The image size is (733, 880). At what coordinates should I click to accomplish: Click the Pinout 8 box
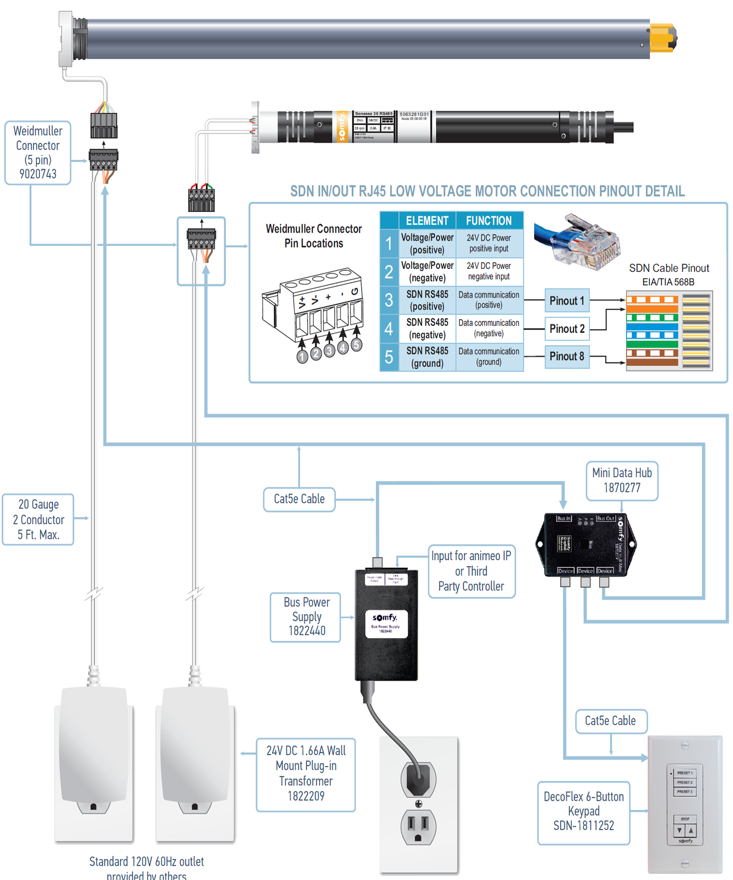(x=567, y=356)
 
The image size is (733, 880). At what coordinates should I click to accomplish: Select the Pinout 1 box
(x=567, y=301)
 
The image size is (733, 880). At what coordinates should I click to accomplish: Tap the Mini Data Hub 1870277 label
(x=622, y=481)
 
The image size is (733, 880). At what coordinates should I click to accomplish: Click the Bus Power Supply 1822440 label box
(x=306, y=617)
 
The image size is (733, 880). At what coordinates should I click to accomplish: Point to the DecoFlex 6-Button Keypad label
(x=583, y=811)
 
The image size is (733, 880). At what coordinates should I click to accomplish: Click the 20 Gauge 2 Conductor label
(x=38, y=519)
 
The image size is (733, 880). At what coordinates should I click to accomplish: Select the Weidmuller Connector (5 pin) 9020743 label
(x=38, y=153)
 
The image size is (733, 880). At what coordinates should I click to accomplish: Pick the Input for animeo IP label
(x=471, y=571)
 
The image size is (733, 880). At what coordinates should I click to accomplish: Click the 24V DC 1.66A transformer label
(x=306, y=774)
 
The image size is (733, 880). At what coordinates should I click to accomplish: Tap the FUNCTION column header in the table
(x=489, y=221)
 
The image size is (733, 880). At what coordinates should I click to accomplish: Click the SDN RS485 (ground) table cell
(x=427, y=357)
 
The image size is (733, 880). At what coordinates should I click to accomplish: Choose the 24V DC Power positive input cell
(x=489, y=243)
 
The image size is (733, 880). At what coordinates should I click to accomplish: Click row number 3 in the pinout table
(x=389, y=300)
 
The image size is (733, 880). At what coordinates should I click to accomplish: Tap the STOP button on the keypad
(x=685, y=819)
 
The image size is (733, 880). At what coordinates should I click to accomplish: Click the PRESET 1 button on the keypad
(x=685, y=773)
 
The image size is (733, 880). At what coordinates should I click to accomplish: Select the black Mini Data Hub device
(x=586, y=545)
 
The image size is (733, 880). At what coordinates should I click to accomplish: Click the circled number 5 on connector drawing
(x=356, y=345)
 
